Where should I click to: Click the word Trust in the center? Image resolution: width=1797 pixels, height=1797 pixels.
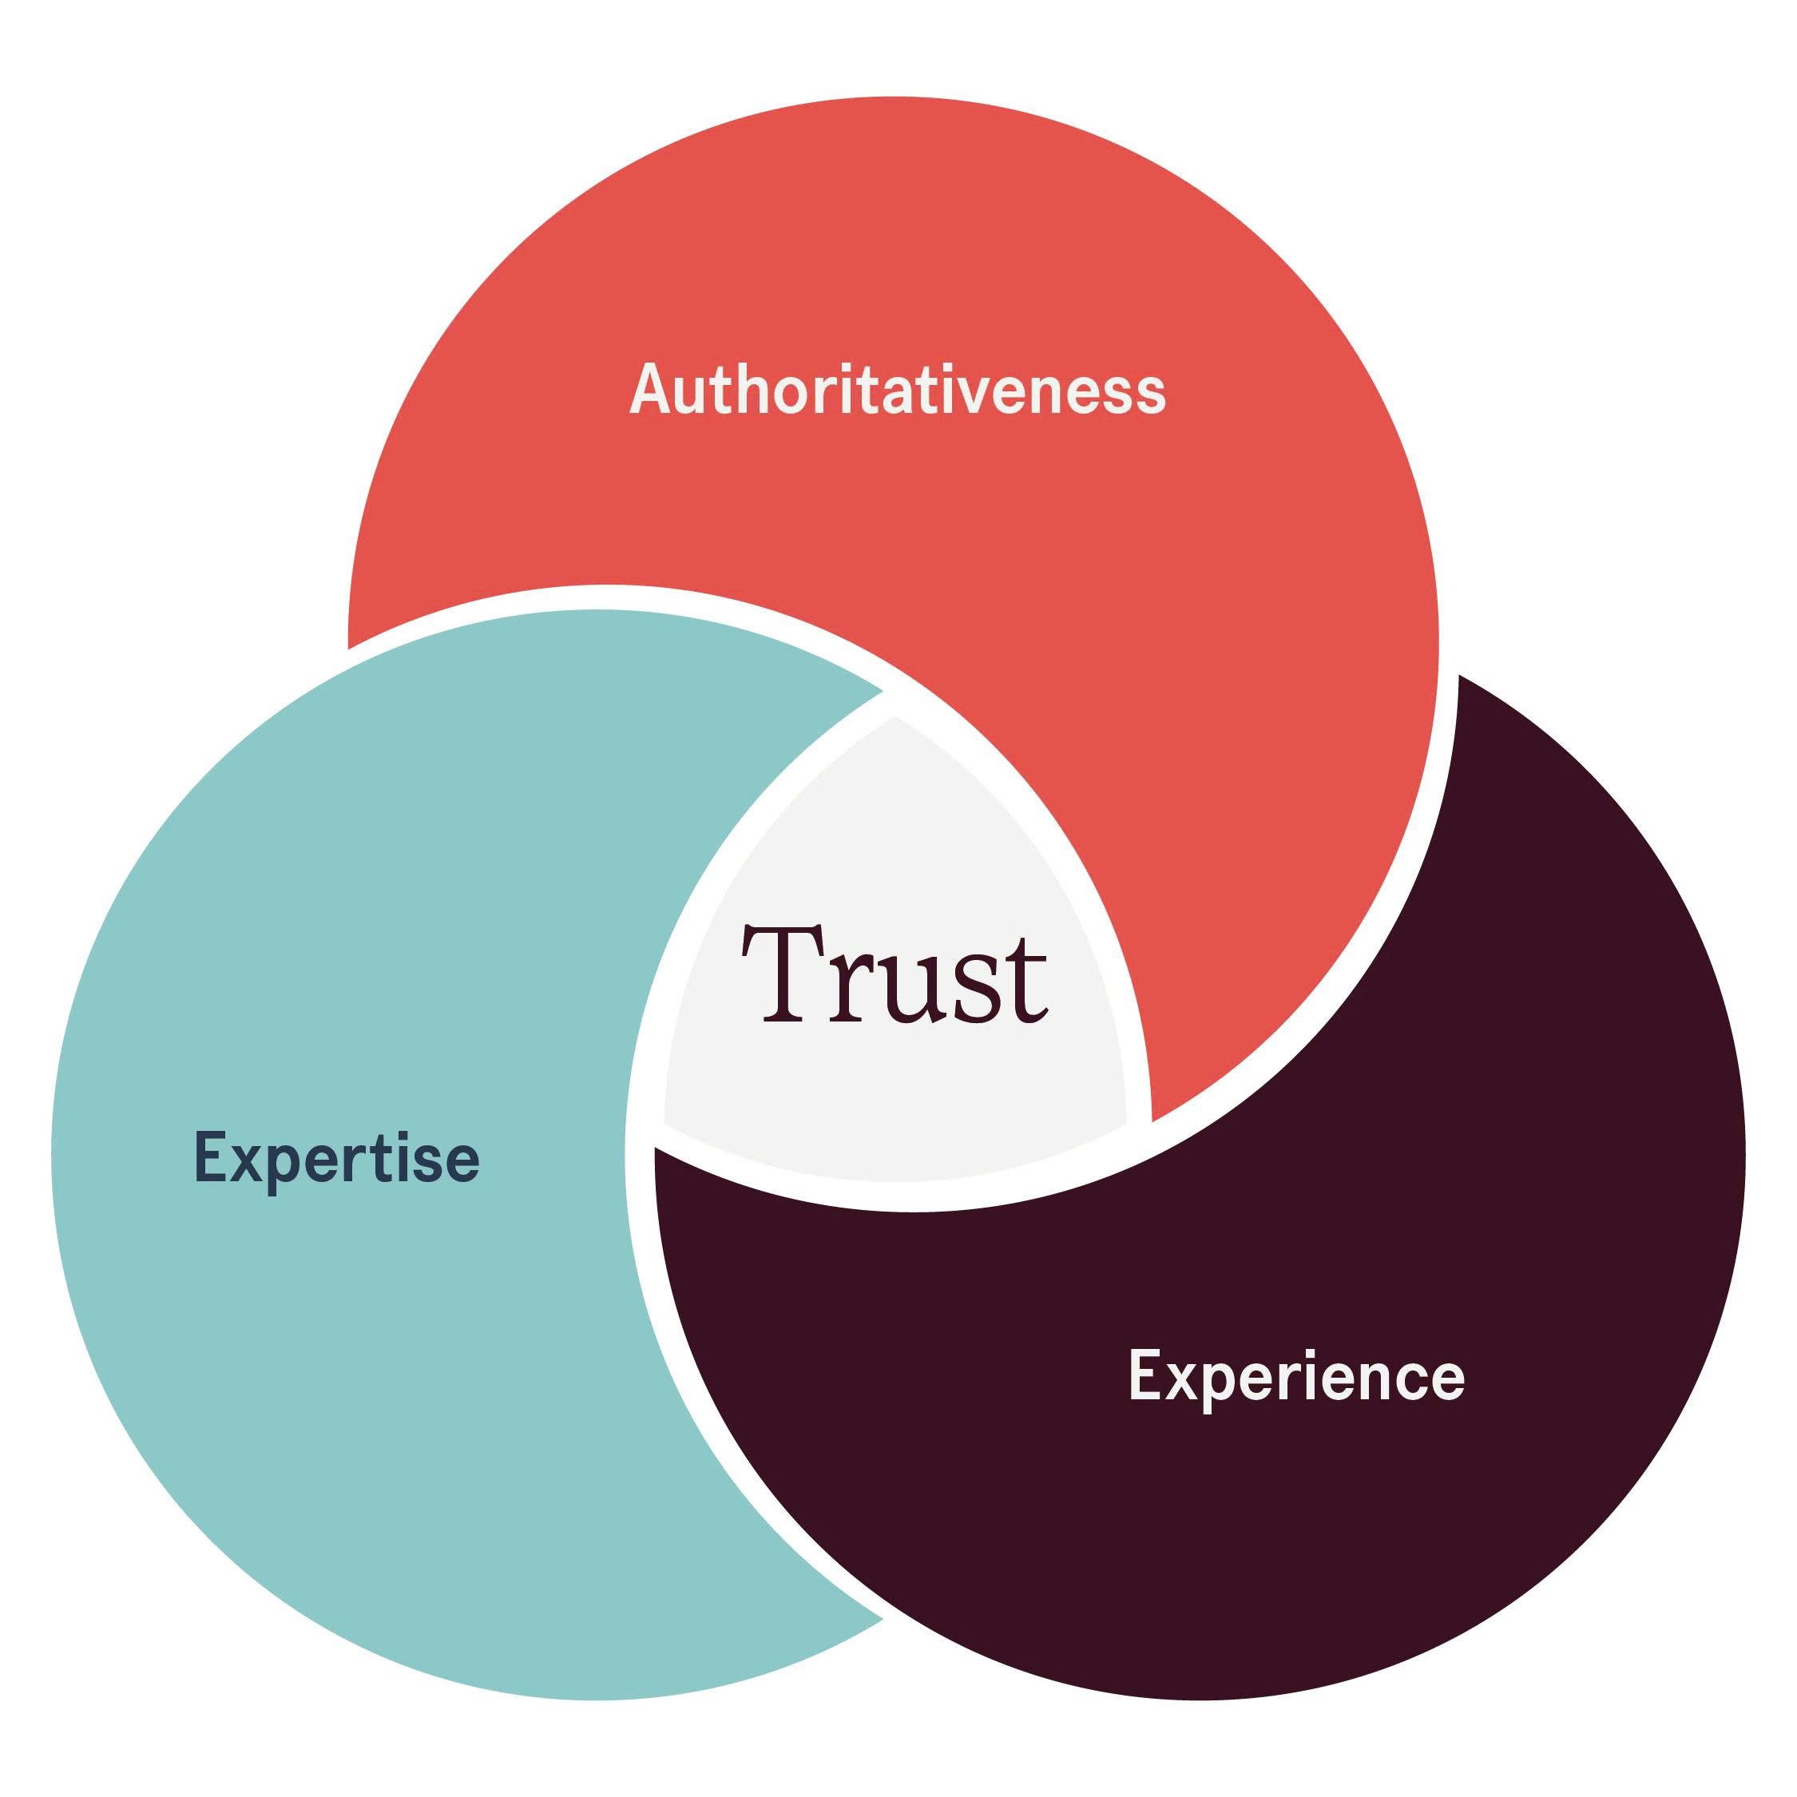click(x=895, y=974)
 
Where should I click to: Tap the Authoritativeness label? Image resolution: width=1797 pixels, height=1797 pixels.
click(x=898, y=389)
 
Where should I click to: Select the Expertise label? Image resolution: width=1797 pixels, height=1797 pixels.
click(x=337, y=1159)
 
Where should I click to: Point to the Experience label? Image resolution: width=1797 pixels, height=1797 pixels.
click(x=1295, y=1378)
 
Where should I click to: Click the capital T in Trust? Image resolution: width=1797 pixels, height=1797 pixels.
click(x=782, y=974)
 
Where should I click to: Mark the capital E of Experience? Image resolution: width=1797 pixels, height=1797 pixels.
click(x=1146, y=1374)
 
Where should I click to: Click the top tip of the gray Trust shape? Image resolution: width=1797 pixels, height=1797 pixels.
click(x=895, y=717)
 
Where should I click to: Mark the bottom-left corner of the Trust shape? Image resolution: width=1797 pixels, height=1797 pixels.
click(x=664, y=1124)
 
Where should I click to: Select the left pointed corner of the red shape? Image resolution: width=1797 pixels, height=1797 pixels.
click(x=349, y=648)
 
